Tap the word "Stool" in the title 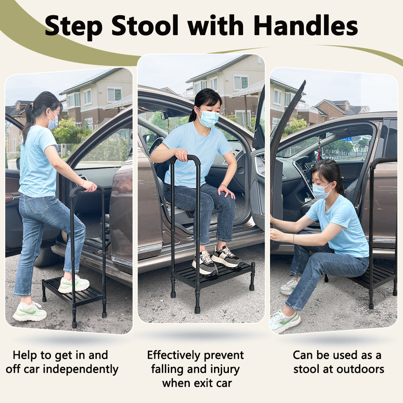[145, 26]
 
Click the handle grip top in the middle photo [185, 158]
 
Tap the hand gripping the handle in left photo [89, 186]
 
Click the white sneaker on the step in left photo [74, 285]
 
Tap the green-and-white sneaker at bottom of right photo [284, 321]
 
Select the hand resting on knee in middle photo [226, 191]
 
